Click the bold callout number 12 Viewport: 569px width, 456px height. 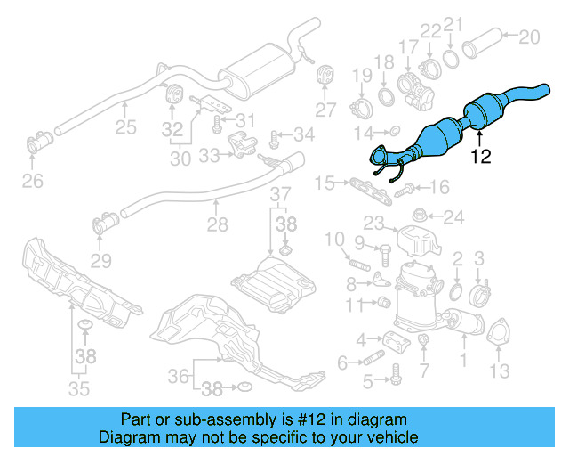point(480,157)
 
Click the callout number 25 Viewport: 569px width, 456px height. point(125,126)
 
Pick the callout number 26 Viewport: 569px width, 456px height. point(32,183)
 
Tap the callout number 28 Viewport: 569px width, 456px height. point(217,227)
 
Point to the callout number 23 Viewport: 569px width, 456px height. point(373,224)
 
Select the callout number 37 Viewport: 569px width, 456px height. point(280,195)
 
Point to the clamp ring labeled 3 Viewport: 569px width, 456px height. point(481,292)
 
